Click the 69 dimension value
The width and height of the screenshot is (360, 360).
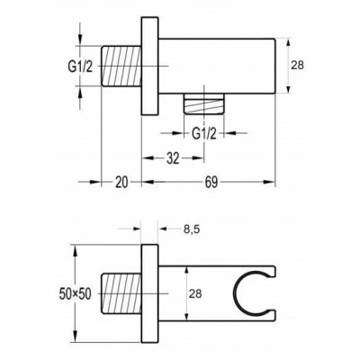[211, 182]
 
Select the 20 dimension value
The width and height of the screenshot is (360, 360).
[121, 182]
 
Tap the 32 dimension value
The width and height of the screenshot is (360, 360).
[173, 158]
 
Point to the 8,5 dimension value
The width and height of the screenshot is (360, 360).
[191, 229]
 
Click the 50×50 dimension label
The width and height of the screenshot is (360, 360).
[75, 294]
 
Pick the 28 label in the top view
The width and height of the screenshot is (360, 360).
[297, 65]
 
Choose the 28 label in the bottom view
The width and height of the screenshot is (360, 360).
[195, 293]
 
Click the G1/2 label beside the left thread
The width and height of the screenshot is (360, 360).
[80, 67]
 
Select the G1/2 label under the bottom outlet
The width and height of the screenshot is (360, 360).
[204, 134]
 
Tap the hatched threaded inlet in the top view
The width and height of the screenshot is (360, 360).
[121, 66]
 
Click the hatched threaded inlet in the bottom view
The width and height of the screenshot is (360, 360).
[121, 293]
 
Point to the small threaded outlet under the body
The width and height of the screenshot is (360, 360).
[203, 103]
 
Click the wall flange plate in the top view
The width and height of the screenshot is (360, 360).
[149, 66]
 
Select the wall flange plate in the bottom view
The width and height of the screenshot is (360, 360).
[149, 293]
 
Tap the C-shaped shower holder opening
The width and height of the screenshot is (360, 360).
[237, 294]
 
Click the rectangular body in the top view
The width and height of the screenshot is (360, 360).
[217, 66]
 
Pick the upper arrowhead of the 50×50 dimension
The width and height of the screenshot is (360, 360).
[76, 250]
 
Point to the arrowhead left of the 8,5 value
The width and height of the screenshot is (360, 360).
[136, 229]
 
